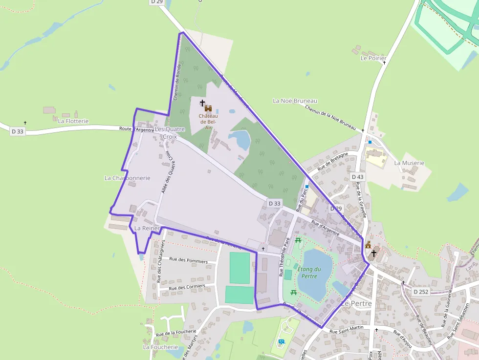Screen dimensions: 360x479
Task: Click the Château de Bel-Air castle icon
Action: click(x=208, y=108)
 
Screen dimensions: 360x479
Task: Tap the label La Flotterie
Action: click(x=73, y=121)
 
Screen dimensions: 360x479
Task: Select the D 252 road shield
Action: click(x=421, y=292)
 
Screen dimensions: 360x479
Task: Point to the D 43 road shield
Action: click(x=357, y=177)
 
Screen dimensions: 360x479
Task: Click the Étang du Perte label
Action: click(x=309, y=273)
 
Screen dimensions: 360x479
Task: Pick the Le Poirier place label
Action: click(x=373, y=58)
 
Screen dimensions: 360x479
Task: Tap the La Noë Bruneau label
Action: click(x=295, y=101)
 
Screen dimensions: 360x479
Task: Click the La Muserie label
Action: click(x=409, y=163)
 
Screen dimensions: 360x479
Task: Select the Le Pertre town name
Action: click(x=356, y=303)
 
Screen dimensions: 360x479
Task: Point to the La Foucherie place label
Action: click(x=160, y=347)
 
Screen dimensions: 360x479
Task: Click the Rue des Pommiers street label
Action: click(x=189, y=261)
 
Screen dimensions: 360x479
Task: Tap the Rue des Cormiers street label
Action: click(x=187, y=287)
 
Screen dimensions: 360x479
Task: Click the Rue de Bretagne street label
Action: click(x=332, y=162)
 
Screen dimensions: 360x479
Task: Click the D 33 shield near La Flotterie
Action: click(x=17, y=131)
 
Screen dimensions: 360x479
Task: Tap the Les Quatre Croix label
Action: click(x=170, y=133)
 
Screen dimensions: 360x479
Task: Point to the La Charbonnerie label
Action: click(x=127, y=178)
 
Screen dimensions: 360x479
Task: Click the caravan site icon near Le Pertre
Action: click(x=281, y=341)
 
